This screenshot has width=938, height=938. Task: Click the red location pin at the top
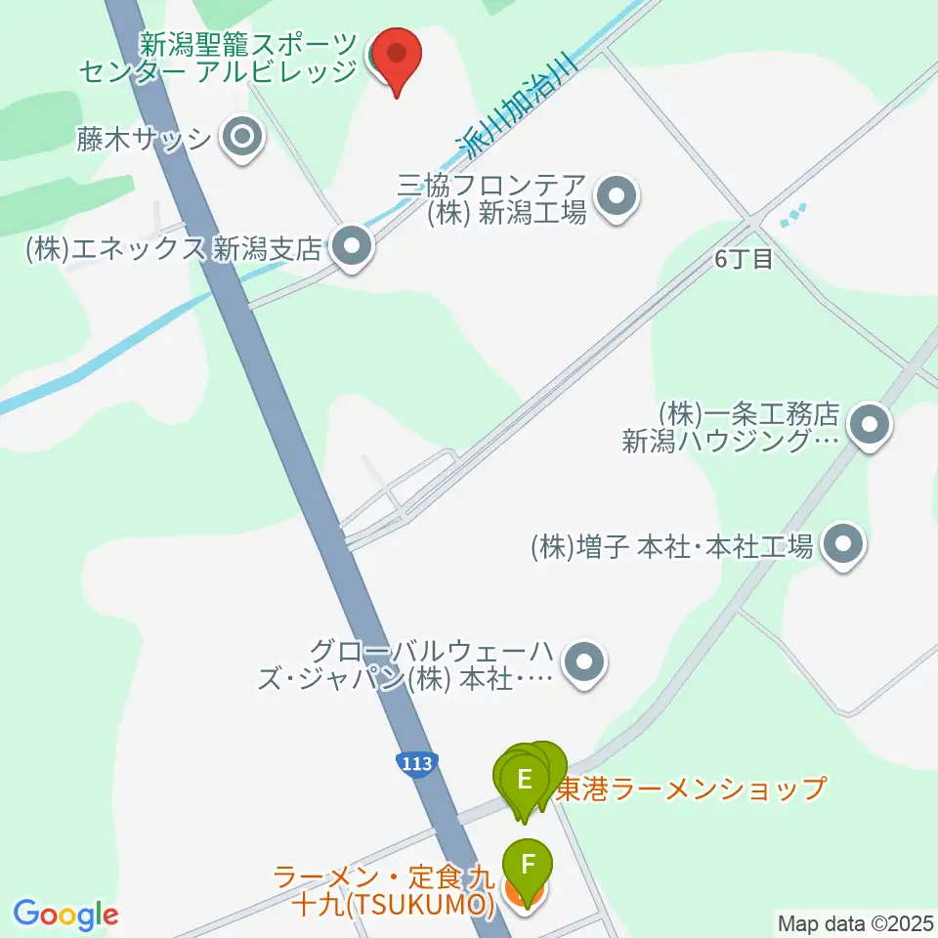click(398, 57)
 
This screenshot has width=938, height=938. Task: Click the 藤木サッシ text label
click(145, 139)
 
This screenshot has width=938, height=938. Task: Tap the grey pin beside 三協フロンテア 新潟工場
click(617, 198)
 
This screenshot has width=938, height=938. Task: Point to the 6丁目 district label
click(744, 259)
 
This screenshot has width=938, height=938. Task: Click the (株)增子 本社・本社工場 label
click(672, 546)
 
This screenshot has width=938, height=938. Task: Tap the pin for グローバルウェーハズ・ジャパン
click(584, 663)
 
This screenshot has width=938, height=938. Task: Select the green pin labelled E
click(525, 781)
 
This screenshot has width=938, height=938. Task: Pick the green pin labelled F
click(528, 866)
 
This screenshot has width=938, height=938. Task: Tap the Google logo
click(65, 915)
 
